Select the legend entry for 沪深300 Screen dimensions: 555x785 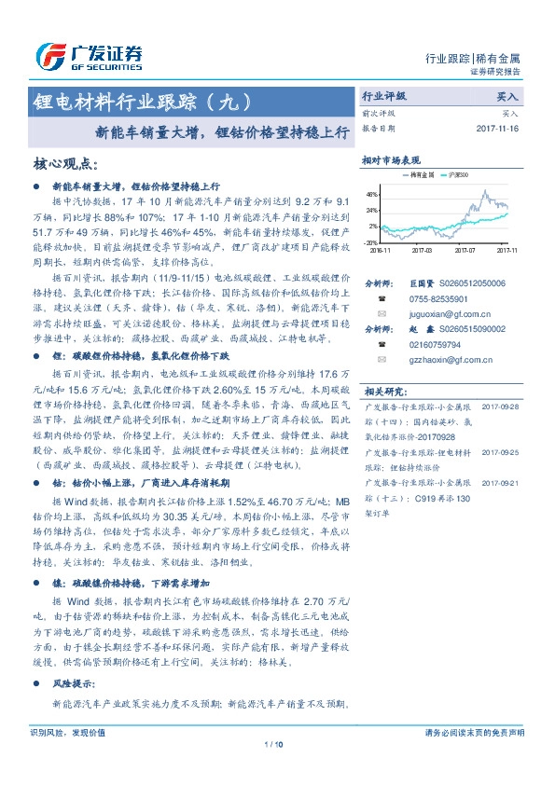click(x=458, y=174)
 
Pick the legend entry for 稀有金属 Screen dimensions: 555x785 click(x=418, y=174)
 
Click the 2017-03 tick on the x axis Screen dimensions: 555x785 click(x=422, y=250)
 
